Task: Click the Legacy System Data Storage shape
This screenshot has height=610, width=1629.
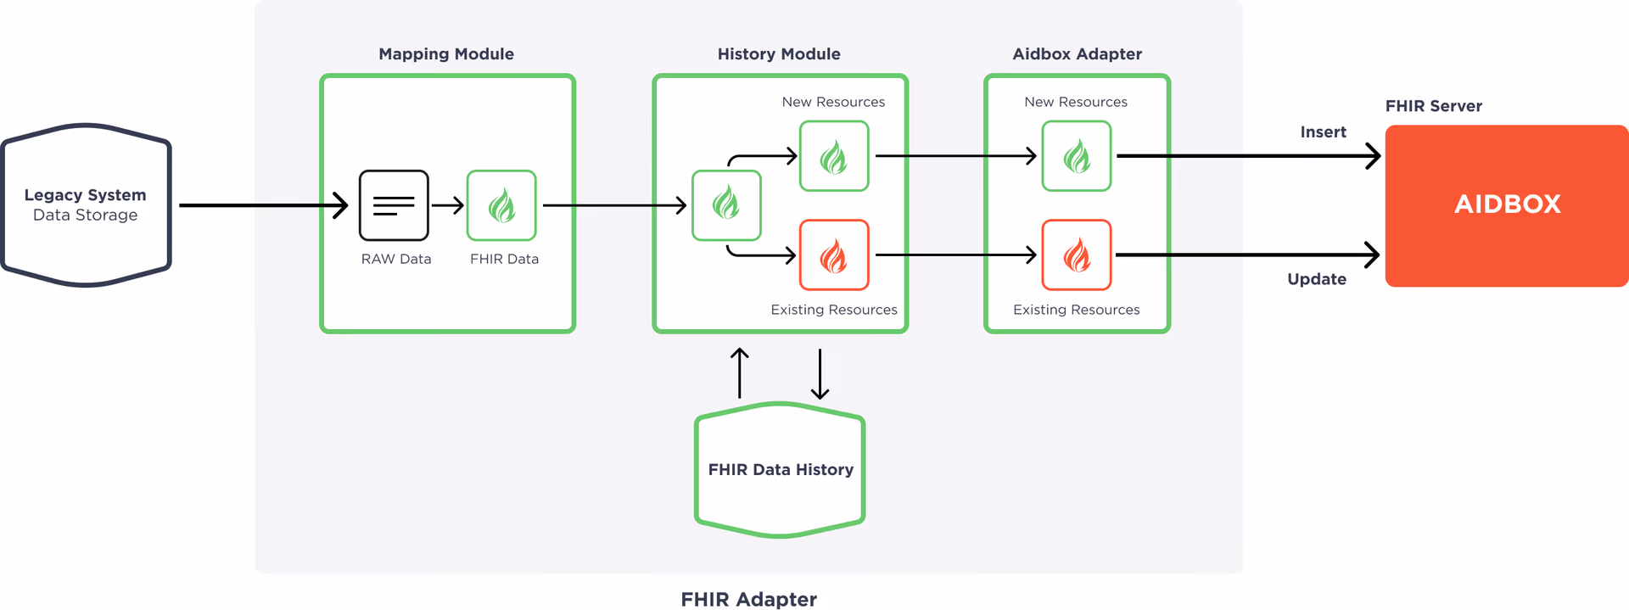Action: [86, 205]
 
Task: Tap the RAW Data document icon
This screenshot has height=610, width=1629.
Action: [394, 205]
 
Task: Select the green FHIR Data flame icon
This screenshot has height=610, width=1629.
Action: [501, 205]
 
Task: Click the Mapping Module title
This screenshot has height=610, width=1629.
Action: [446, 54]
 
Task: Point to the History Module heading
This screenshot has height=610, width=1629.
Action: [779, 54]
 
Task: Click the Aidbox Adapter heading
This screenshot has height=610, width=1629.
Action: [1077, 54]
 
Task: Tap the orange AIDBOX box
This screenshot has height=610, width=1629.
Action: [1507, 205]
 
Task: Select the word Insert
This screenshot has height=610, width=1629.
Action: [1323, 132]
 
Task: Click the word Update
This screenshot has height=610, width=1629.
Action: [1317, 279]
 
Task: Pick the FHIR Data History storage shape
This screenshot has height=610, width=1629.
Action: [780, 469]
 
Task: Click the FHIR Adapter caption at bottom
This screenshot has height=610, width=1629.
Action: [748, 599]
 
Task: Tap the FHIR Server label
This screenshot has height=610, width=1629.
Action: [1433, 106]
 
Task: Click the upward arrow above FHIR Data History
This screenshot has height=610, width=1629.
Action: [740, 373]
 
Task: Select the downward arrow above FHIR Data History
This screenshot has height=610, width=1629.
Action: [820, 373]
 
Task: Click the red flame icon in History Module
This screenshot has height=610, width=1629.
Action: [834, 255]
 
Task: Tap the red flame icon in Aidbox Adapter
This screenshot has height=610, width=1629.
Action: [1077, 255]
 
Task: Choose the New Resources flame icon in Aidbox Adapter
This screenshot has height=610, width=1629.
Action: [1077, 156]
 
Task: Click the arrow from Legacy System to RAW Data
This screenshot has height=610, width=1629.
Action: [263, 205]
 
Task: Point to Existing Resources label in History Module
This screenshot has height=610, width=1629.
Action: [833, 310]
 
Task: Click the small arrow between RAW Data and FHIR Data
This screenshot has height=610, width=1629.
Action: [448, 205]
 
